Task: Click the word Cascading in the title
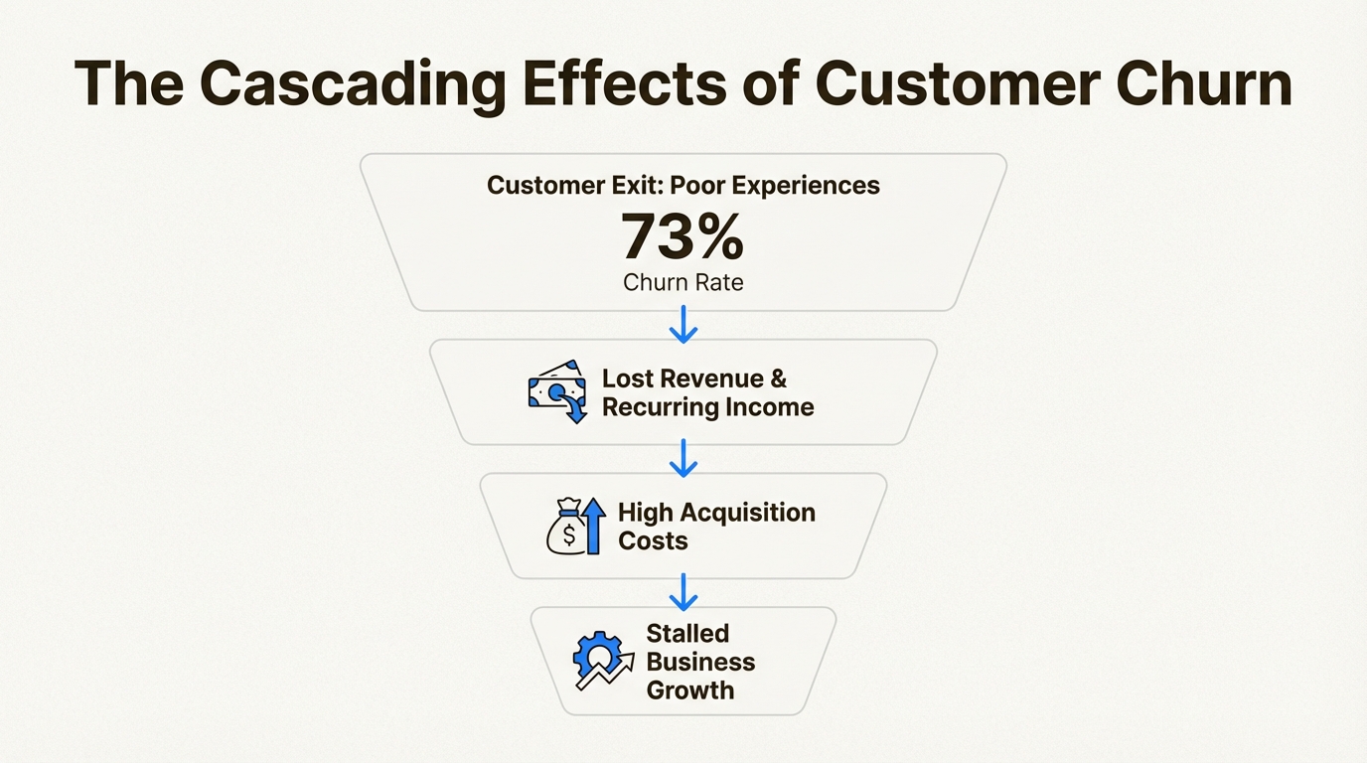(x=353, y=84)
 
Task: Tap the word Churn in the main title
(x=1204, y=83)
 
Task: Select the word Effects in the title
(x=624, y=83)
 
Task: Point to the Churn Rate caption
(x=683, y=282)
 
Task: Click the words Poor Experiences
(x=775, y=186)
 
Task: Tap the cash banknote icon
(x=557, y=391)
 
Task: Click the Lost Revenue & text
(x=694, y=379)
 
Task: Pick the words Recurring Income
(x=708, y=407)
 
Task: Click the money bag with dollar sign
(x=567, y=527)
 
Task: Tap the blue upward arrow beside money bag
(x=594, y=526)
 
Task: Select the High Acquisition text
(x=716, y=512)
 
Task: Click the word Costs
(x=653, y=540)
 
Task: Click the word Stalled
(x=687, y=634)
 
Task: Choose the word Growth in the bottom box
(x=690, y=690)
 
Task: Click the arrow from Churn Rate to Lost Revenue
(x=683, y=325)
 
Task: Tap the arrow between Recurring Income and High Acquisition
(x=683, y=458)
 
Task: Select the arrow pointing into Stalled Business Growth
(x=683, y=592)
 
